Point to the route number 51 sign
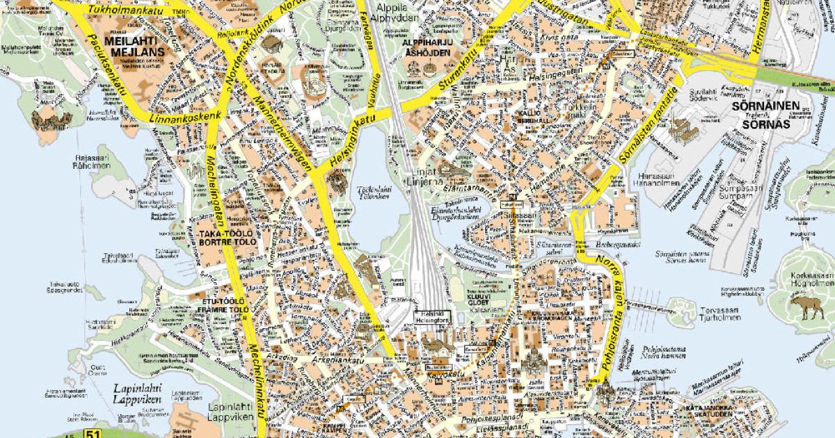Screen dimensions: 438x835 coord(93,433)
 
